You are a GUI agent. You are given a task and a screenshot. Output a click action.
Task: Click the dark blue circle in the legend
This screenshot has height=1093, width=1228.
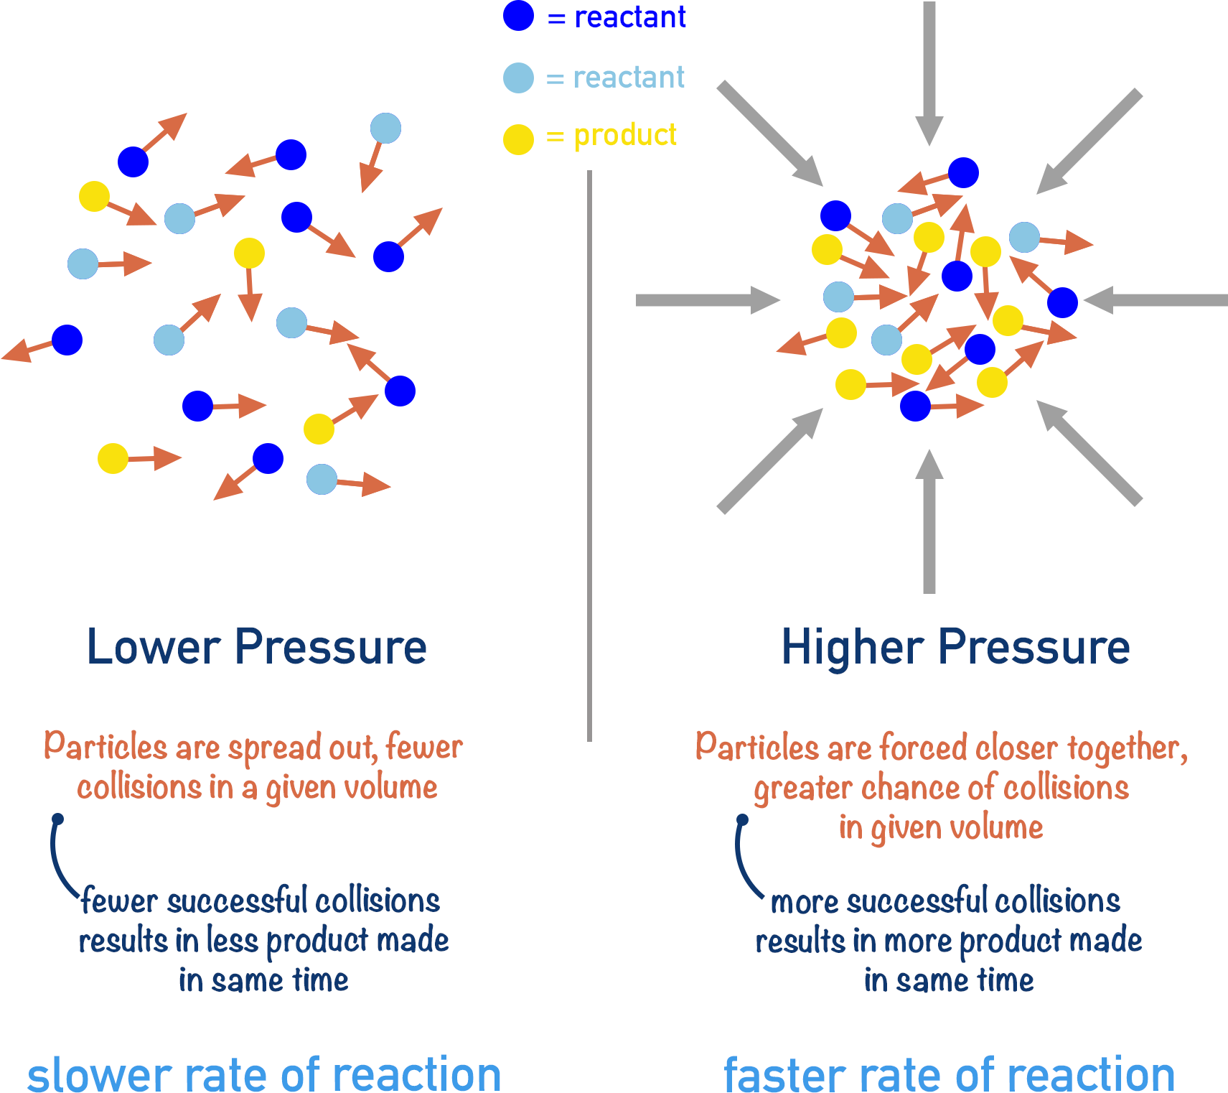tap(518, 16)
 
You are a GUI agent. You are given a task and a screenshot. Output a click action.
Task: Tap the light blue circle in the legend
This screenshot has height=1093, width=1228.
tap(518, 78)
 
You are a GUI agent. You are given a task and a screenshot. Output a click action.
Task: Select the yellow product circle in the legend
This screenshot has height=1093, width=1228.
tap(518, 139)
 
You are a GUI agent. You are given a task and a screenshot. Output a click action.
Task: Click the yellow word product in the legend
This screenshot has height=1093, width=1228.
tap(625, 136)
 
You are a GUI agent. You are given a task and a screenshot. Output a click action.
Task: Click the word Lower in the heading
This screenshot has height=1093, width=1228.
tap(153, 647)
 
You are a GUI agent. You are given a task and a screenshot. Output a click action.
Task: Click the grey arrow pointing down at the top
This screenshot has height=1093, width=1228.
tap(929, 72)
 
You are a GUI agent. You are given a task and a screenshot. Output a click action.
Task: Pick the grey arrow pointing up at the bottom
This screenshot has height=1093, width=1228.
tap(929, 524)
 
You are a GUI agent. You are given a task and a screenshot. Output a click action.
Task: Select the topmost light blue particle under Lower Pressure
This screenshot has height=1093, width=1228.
tap(385, 129)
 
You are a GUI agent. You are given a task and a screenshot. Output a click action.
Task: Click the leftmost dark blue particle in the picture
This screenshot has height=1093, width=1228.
tap(67, 340)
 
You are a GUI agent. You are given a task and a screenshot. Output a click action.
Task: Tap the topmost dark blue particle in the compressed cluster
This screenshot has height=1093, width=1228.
tap(963, 172)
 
